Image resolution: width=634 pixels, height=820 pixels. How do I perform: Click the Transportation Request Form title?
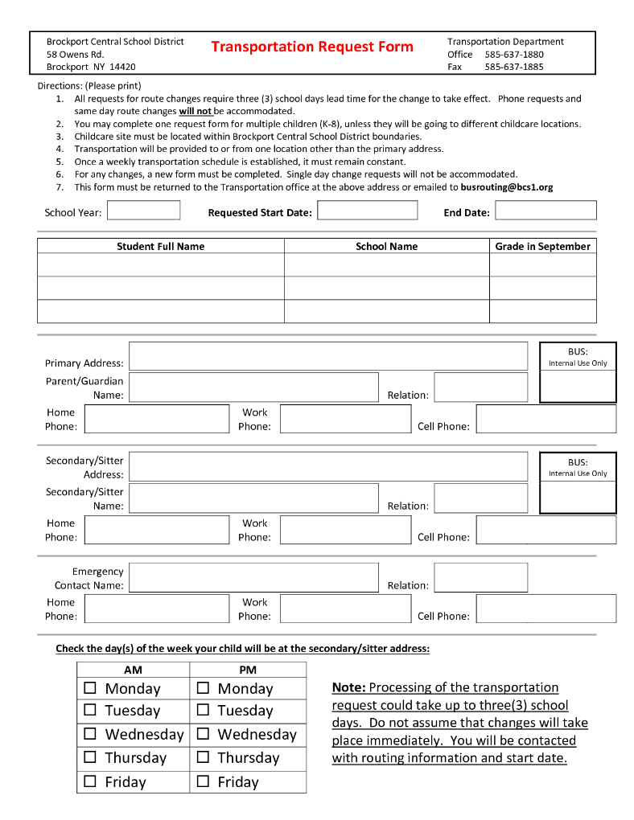(x=312, y=47)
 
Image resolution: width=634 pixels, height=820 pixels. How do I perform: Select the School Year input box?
(x=143, y=211)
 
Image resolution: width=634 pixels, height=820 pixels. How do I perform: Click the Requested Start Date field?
(x=367, y=211)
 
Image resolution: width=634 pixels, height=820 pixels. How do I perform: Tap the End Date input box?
(x=545, y=211)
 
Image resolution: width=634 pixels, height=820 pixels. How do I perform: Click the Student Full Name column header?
(x=161, y=246)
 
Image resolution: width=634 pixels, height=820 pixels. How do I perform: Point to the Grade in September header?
(x=542, y=246)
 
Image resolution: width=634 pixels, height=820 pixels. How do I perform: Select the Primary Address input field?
(x=328, y=356)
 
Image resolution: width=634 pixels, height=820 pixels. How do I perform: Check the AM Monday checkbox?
(x=90, y=688)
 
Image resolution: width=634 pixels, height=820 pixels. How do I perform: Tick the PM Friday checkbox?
(x=203, y=781)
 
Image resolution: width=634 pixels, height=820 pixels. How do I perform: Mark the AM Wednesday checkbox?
(x=90, y=734)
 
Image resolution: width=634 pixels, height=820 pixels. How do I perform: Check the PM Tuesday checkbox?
(x=203, y=710)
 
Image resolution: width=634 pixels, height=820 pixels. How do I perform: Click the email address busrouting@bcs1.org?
(x=507, y=187)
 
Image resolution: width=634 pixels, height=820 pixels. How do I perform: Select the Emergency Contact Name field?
(x=253, y=577)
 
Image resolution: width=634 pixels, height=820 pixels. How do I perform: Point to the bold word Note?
(x=348, y=687)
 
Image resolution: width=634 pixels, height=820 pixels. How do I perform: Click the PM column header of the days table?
(x=248, y=670)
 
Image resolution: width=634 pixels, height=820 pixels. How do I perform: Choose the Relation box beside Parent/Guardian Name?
(x=481, y=387)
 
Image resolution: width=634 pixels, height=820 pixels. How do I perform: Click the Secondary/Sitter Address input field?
(x=328, y=467)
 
